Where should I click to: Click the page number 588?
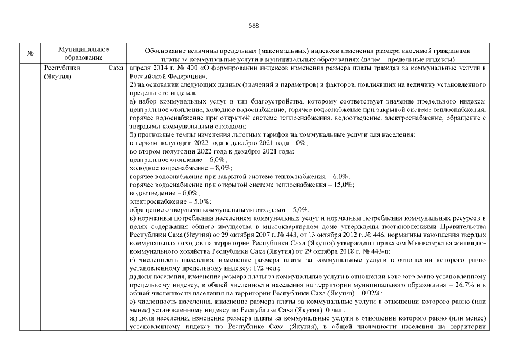click(x=254, y=25)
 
